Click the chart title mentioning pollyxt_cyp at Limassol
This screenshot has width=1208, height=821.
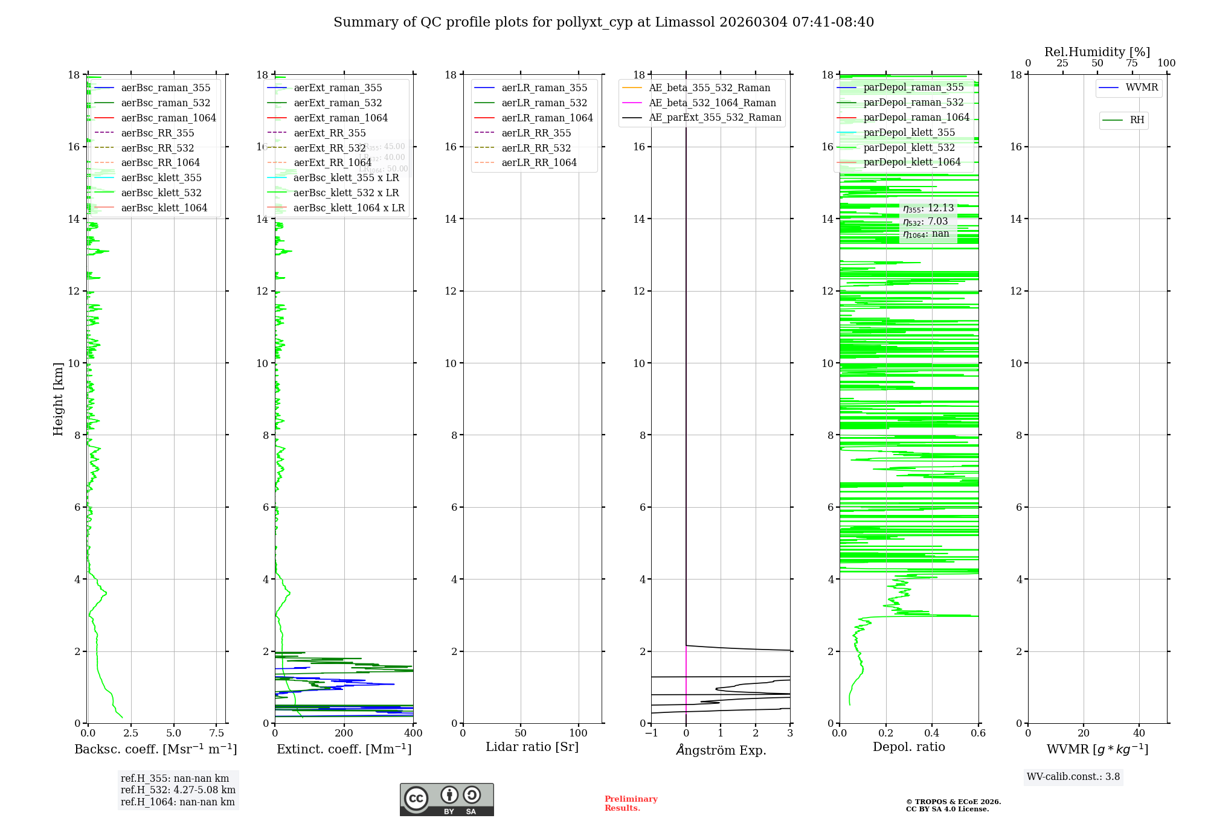coord(603,22)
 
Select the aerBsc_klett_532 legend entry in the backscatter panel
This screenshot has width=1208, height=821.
coord(161,193)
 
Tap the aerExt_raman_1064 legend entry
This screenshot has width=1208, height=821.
coord(341,118)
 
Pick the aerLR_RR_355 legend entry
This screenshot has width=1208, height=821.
coord(536,133)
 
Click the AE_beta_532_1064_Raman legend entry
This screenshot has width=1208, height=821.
coord(712,103)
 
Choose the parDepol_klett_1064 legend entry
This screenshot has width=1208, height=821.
coord(911,162)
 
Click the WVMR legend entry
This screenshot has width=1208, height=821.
coord(1142,88)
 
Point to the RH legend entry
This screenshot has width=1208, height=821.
coord(1137,120)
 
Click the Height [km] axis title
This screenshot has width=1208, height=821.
coord(58,398)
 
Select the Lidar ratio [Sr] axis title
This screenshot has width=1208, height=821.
coord(532,747)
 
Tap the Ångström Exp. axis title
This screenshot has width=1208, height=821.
coord(721,750)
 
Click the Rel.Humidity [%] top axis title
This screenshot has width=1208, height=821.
coord(1097,52)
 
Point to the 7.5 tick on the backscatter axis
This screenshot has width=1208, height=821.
coord(216,733)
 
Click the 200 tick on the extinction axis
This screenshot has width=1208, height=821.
coord(344,733)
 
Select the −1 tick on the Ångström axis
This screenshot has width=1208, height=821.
coord(651,733)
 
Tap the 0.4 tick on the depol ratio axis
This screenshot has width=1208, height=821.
coord(932,733)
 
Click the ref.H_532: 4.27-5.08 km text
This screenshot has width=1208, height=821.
coord(178,790)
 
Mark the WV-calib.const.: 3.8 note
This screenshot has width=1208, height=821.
coord(1073,777)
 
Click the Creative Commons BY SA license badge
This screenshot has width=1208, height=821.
coord(446,799)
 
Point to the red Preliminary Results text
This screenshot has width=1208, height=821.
coord(631,803)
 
